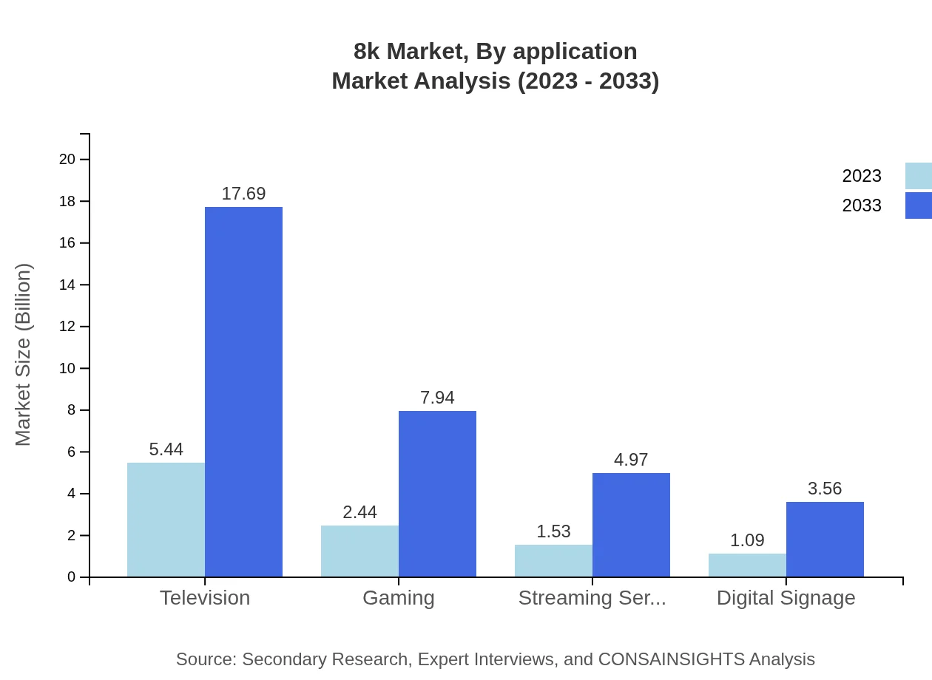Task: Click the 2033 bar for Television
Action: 243,392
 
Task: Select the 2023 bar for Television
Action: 166,520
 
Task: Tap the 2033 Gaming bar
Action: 437,494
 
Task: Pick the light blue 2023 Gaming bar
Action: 359,551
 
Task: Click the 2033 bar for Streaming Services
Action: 631,525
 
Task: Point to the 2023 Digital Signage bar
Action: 747,565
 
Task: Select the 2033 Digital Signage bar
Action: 825,540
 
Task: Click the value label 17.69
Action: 243,194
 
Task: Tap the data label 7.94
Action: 437,398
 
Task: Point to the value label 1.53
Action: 553,531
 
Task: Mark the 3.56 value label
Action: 825,489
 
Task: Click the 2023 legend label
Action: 862,176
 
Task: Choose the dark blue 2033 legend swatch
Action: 918,205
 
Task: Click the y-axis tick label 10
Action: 68,368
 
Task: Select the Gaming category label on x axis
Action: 399,597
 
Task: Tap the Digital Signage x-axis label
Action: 786,597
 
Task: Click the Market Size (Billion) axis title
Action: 24,355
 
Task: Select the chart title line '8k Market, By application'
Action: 495,52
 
